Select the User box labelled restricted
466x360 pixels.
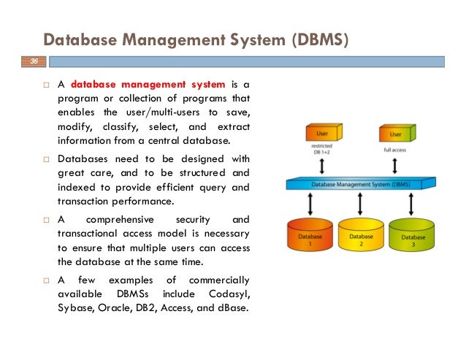pos(322,134)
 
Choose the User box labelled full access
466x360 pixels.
pos(395,134)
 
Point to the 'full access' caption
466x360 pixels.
pos(395,150)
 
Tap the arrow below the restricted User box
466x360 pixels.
pos(322,167)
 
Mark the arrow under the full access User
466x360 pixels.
pos(395,167)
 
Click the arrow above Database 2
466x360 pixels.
pos(361,206)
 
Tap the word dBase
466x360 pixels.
pos(231,307)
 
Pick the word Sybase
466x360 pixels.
pos(76,307)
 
